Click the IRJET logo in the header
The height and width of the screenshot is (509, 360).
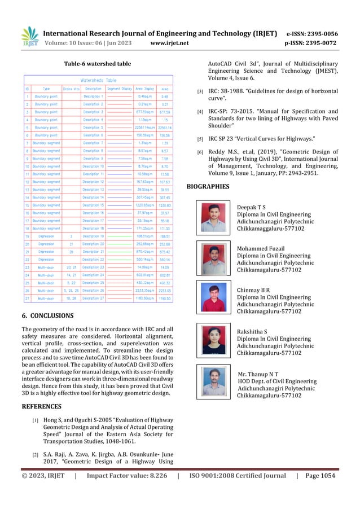tap(29, 37)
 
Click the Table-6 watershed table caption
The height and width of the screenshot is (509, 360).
tap(98, 64)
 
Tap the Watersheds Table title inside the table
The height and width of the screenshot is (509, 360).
tap(99, 80)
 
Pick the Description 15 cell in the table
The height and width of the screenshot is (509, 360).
tap(94, 205)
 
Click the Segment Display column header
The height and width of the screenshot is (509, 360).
tap(119, 88)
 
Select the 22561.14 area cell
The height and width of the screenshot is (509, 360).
tap(165, 128)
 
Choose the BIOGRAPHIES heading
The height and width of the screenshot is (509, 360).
tap(208, 186)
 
